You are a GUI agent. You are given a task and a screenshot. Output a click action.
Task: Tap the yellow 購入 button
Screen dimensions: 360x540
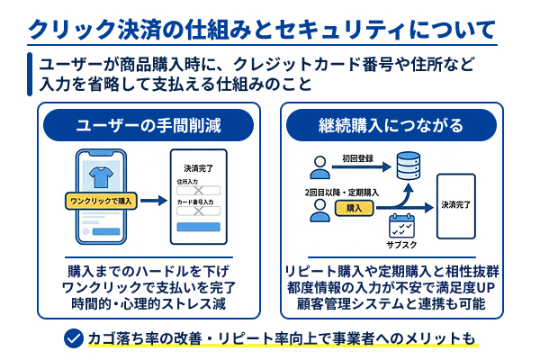[355, 208]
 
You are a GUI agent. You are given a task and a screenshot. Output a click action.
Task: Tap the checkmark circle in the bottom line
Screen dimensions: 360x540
[74, 339]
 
